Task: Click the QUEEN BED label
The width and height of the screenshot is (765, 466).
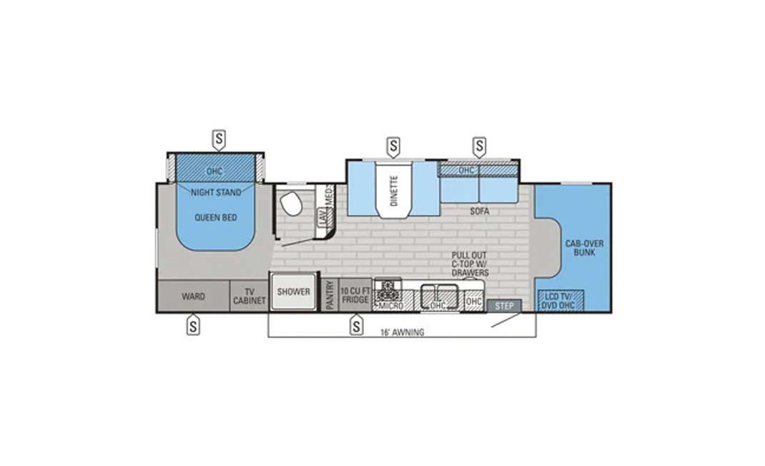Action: click(x=216, y=217)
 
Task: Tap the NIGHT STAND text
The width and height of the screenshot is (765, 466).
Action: click(x=216, y=192)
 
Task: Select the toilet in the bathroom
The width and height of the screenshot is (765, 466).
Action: click(x=291, y=202)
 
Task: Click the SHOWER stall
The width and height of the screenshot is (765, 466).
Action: click(x=294, y=292)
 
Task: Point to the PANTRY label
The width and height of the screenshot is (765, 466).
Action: click(x=330, y=294)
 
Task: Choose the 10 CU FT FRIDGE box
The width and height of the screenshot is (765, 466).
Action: click(x=355, y=294)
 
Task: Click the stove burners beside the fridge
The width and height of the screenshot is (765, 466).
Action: click(x=388, y=289)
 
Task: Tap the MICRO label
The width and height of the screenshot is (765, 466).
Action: click(x=391, y=306)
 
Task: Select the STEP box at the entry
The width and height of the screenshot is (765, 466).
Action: click(x=504, y=306)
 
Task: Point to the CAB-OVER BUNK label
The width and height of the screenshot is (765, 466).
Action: click(x=585, y=248)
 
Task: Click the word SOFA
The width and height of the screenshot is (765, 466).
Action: click(x=480, y=212)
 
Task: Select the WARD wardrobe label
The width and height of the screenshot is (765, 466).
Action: click(x=193, y=296)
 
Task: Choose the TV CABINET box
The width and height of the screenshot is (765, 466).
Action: click(x=250, y=296)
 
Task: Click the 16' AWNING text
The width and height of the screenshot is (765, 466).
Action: click(x=403, y=332)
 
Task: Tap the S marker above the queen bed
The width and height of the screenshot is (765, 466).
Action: click(x=219, y=140)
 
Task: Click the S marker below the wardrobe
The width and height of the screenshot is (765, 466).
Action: click(x=193, y=325)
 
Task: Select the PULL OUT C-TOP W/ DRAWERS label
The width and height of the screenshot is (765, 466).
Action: click(x=469, y=264)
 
